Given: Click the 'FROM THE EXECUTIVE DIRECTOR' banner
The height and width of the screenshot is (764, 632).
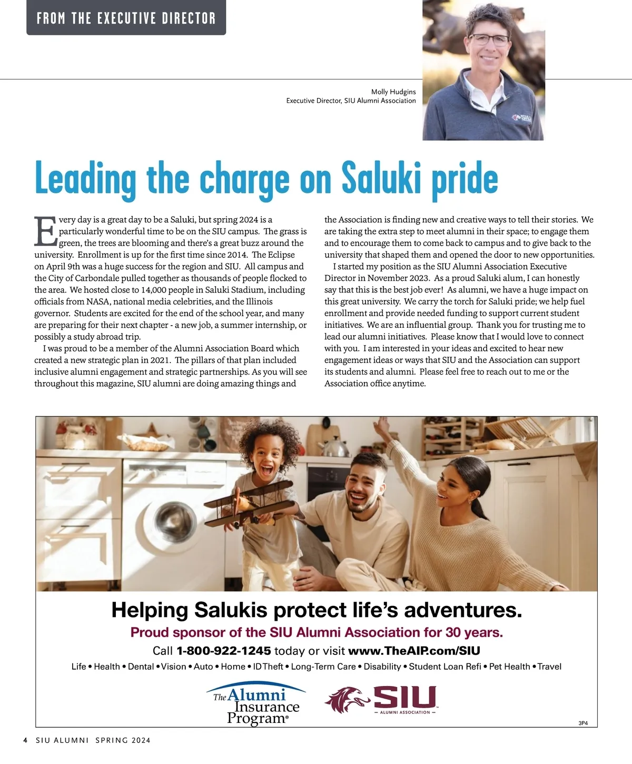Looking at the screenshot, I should [x=126, y=18].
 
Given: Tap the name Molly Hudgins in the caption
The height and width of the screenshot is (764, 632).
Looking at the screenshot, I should [x=393, y=92].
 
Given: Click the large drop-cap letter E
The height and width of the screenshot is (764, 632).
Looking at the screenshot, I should [x=45, y=231].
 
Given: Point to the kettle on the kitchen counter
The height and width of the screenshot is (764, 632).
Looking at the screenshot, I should [x=335, y=447].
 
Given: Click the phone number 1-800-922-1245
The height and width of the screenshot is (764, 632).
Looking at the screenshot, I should [x=223, y=651].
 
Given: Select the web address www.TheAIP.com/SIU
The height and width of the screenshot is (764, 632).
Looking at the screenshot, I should [x=414, y=651].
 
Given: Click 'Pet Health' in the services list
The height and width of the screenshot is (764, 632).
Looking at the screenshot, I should [x=509, y=667].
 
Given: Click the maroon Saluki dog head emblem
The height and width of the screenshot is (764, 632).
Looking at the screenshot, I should [x=346, y=700].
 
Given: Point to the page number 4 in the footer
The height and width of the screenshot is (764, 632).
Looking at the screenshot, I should [x=25, y=740].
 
